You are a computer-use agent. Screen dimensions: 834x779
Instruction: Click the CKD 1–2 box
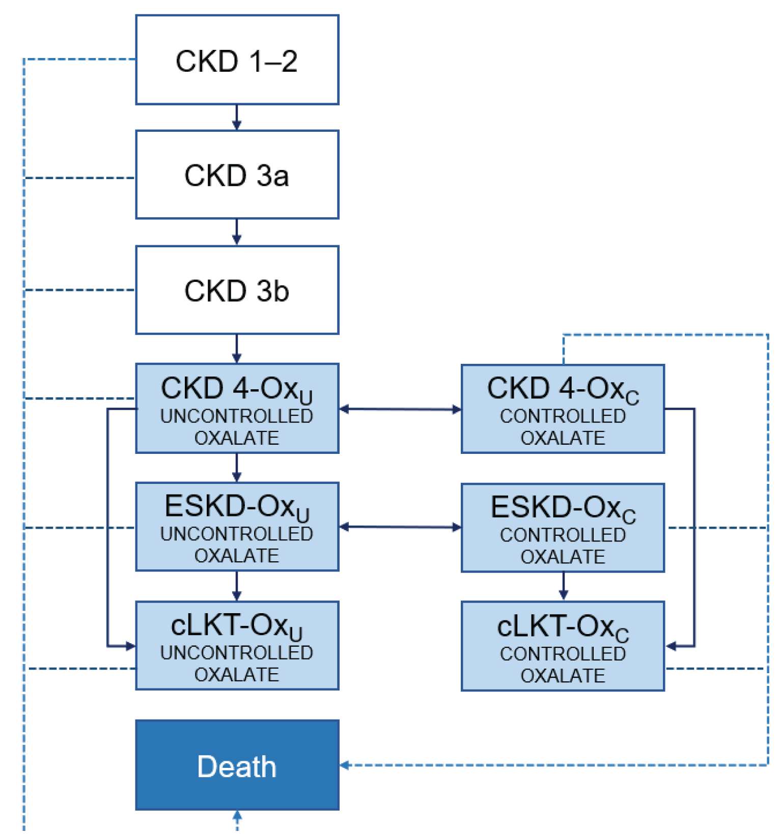pyautogui.click(x=237, y=60)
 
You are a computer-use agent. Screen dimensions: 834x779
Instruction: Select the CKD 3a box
pyautogui.click(x=237, y=175)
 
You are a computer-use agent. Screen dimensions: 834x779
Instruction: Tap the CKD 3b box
pyautogui.click(x=237, y=290)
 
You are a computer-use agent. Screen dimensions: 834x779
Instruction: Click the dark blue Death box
pyautogui.click(x=237, y=765)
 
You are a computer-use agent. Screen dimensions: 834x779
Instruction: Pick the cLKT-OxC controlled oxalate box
pyautogui.click(x=563, y=646)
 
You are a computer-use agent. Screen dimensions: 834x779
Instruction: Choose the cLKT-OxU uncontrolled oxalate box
pyautogui.click(x=237, y=645)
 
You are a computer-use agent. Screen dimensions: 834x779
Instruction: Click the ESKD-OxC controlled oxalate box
pyautogui.click(x=563, y=528)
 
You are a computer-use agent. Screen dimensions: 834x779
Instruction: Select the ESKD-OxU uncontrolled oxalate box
pyautogui.click(x=237, y=527)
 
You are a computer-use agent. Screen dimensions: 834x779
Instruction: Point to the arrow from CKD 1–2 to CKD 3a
pyautogui.click(x=236, y=118)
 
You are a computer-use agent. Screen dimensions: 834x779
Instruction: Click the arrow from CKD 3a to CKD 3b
pyautogui.click(x=236, y=233)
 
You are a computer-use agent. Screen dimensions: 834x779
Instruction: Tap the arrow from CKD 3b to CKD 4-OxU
pyautogui.click(x=236, y=349)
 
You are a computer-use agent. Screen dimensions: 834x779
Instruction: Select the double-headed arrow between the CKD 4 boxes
pyautogui.click(x=400, y=409)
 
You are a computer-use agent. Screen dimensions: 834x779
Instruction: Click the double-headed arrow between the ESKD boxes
pyautogui.click(x=400, y=527)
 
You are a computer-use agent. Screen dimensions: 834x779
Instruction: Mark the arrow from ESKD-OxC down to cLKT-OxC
pyautogui.click(x=563, y=587)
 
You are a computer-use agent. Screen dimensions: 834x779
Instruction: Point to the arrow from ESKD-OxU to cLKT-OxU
pyautogui.click(x=236, y=586)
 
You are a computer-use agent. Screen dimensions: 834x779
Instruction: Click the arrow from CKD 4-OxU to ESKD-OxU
pyautogui.click(x=236, y=468)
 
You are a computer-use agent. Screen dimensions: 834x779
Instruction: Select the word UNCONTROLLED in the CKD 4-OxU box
pyautogui.click(x=237, y=416)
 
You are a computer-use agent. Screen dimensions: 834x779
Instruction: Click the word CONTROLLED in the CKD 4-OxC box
pyautogui.click(x=563, y=416)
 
